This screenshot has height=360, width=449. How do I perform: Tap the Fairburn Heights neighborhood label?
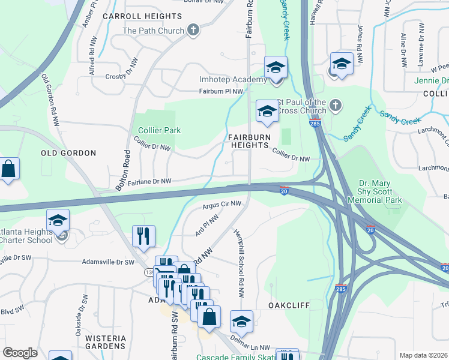point(248,141)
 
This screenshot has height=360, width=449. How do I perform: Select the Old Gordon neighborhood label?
point(68,153)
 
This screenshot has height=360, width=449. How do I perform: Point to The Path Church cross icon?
point(193,30)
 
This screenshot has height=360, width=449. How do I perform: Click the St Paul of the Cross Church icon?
point(336,106)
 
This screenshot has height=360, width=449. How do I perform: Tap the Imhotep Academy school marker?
point(276,68)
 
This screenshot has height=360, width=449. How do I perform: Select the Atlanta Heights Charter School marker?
point(58,221)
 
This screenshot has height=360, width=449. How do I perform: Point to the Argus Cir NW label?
point(221,205)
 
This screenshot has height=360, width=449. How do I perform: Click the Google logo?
point(20,353)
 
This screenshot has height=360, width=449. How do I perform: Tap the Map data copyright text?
point(423,355)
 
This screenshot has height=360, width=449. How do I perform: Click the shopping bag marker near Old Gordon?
point(8,170)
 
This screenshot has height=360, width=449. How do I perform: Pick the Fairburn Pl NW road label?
point(221,91)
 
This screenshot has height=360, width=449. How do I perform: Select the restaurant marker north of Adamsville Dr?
point(143,236)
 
